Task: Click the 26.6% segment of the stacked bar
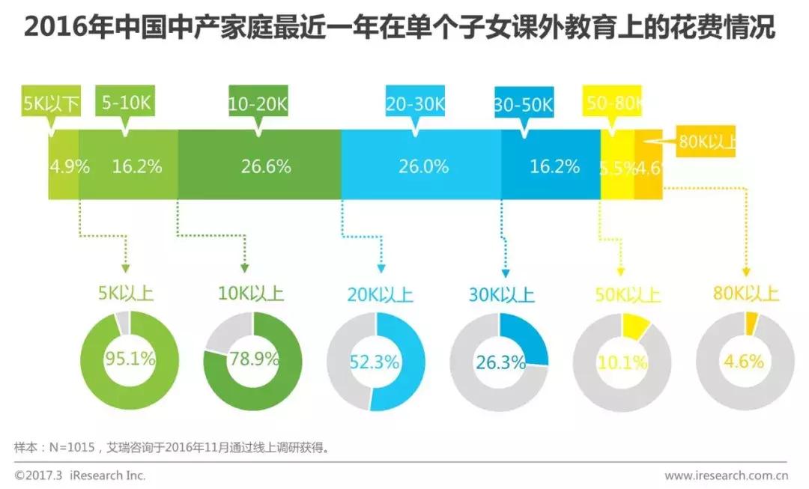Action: [x=260, y=166]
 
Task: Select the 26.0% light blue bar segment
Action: [x=422, y=166]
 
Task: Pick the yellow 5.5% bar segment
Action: [x=617, y=166]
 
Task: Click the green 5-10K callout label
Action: [x=125, y=103]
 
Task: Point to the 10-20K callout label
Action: [x=258, y=103]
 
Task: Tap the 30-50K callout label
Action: [x=524, y=103]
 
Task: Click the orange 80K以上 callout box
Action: [x=706, y=142]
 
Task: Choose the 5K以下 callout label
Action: [x=50, y=103]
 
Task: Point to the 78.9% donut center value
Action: [x=253, y=361]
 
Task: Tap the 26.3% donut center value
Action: [x=500, y=362]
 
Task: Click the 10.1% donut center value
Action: [x=622, y=363]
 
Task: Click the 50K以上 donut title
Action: [x=627, y=294]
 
